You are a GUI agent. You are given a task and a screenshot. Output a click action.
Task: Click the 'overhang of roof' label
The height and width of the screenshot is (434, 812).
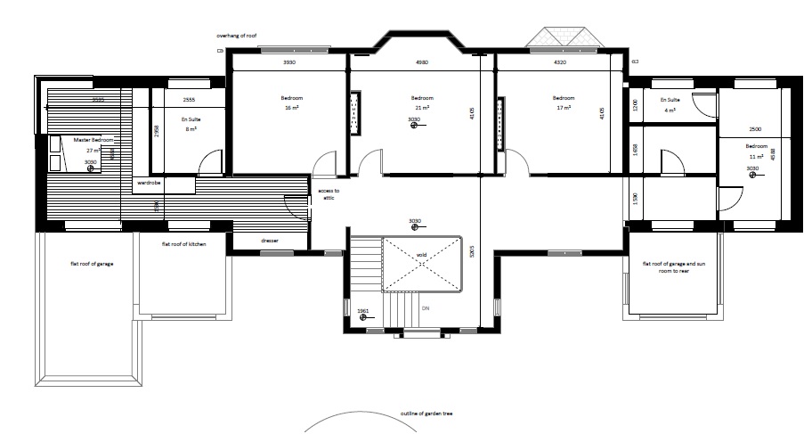(238, 36)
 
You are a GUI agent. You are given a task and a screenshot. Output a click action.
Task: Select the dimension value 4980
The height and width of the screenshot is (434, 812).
(422, 62)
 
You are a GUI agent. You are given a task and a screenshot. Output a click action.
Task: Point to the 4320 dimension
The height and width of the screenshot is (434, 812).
(560, 62)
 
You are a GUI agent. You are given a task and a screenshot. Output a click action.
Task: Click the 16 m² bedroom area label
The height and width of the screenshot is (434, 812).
(289, 107)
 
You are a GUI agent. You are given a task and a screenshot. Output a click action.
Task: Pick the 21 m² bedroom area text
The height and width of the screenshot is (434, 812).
(422, 107)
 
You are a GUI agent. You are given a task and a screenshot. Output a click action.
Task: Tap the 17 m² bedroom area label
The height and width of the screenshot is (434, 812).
(563, 107)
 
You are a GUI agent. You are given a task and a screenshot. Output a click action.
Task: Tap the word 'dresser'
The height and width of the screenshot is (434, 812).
(270, 241)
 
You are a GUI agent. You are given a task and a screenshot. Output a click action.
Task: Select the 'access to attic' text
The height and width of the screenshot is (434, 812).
(329, 194)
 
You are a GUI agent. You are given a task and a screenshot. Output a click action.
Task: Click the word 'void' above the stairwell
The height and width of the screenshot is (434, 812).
(421, 254)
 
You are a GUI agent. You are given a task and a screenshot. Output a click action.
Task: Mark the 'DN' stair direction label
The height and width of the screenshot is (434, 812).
(425, 308)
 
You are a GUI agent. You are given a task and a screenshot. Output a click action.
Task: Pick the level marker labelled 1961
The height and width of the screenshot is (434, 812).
(362, 310)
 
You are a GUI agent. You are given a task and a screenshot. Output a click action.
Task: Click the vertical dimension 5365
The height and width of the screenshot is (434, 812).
(471, 255)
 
